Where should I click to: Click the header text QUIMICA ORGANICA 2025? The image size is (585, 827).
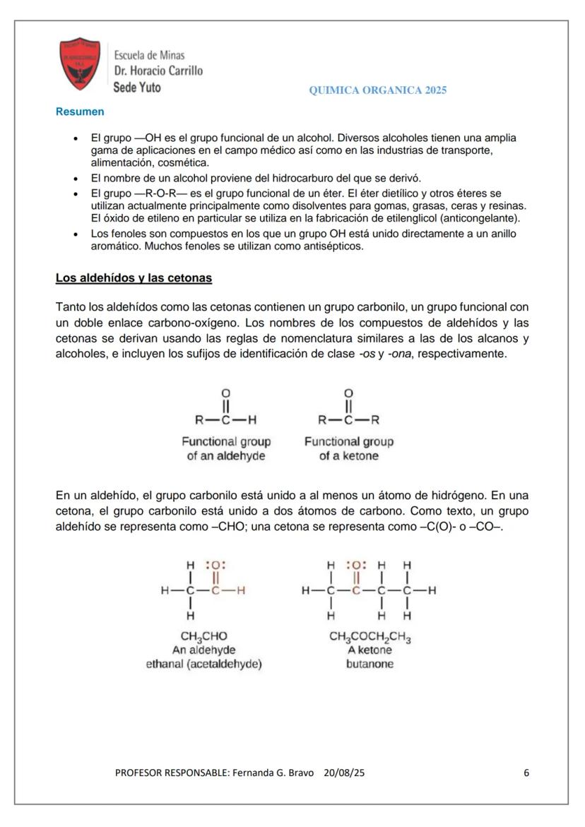coord(378,90)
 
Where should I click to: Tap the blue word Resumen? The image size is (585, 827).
coord(80,112)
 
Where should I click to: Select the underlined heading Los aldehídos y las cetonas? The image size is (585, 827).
coord(134,278)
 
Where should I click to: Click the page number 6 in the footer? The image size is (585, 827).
coord(526,773)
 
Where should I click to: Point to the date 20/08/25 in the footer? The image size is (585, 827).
coord(344,773)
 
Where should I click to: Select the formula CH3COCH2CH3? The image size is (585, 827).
coord(370,637)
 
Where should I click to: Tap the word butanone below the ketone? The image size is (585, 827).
coord(370,665)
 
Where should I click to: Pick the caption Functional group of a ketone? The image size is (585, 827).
coord(348,448)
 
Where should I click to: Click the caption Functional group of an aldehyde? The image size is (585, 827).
coord(226,448)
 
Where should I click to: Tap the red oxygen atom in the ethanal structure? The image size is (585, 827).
coord(215,565)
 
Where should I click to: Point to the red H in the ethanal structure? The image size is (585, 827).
coord(241,590)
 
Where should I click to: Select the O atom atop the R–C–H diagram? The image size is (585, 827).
coord(226,393)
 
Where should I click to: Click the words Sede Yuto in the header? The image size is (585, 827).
coord(137,88)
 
